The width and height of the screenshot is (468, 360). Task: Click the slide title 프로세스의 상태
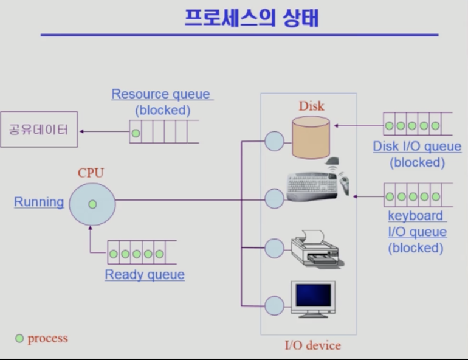pyautogui.click(x=252, y=18)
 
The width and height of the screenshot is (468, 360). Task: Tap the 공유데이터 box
pyautogui.click(x=39, y=130)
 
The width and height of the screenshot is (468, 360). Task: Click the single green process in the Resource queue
pyautogui.click(x=136, y=133)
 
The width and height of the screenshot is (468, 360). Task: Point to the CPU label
pyautogui.click(x=91, y=173)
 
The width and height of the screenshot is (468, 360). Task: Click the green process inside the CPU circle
pyautogui.click(x=92, y=204)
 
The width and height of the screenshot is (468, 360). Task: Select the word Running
pyautogui.click(x=39, y=202)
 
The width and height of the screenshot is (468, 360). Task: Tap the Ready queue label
pyautogui.click(x=145, y=275)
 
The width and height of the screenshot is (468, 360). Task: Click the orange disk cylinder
pyautogui.click(x=311, y=137)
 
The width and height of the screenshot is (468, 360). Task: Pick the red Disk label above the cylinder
pyautogui.click(x=312, y=106)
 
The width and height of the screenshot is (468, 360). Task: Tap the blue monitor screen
pyautogui.click(x=313, y=295)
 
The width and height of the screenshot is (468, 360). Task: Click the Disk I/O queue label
pyautogui.click(x=417, y=147)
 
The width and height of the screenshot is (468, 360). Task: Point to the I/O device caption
pyautogui.click(x=313, y=345)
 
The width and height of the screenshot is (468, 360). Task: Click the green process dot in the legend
pyautogui.click(x=19, y=339)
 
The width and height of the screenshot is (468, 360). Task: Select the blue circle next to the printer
pyautogui.click(x=274, y=248)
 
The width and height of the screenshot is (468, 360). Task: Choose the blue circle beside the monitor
pyautogui.click(x=274, y=306)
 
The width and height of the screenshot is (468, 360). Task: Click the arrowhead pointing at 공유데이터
pyautogui.click(x=81, y=131)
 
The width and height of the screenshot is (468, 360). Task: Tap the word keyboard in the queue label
pyautogui.click(x=416, y=216)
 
